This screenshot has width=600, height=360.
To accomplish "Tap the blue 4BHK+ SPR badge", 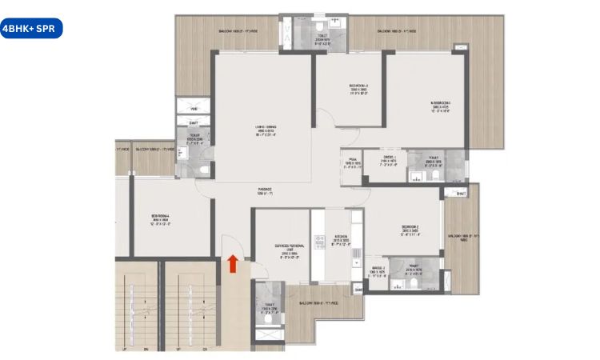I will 30,29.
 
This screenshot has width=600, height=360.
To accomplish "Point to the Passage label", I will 266,192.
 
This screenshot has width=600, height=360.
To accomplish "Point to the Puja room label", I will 353,163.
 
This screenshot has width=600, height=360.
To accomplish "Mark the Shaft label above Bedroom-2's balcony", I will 459,194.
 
